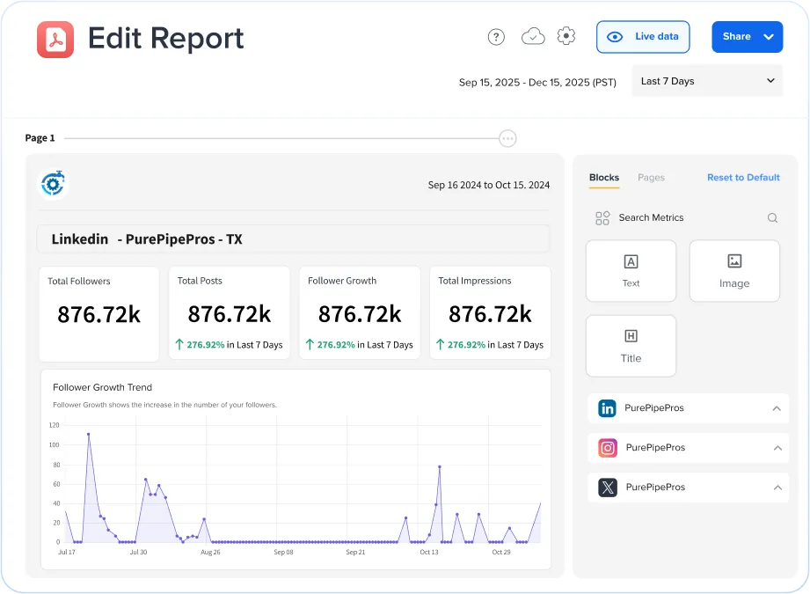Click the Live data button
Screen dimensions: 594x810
click(x=643, y=37)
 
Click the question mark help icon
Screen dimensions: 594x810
click(x=496, y=37)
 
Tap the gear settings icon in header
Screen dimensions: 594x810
click(x=566, y=36)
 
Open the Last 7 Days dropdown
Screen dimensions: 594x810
click(x=707, y=81)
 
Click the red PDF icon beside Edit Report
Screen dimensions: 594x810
click(x=55, y=40)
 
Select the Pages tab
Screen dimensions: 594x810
click(x=651, y=178)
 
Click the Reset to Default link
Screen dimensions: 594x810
click(x=743, y=178)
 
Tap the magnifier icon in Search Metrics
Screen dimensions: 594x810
click(x=772, y=218)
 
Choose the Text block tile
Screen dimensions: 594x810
click(x=631, y=271)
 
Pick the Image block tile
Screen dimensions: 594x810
click(x=734, y=271)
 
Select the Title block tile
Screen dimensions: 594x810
click(x=631, y=346)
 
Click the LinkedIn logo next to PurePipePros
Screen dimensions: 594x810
click(x=607, y=408)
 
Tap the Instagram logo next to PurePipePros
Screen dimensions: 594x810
click(x=608, y=448)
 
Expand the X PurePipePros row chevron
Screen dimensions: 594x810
click(x=777, y=488)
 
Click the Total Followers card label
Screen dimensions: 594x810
click(x=79, y=282)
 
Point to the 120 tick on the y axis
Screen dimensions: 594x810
click(x=54, y=425)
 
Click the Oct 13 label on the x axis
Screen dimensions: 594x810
click(x=429, y=553)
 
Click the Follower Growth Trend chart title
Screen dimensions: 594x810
click(x=102, y=387)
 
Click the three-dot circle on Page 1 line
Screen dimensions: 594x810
click(x=507, y=138)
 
